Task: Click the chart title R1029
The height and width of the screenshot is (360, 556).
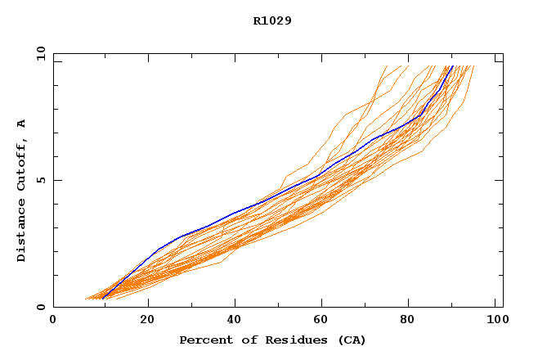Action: point(272,20)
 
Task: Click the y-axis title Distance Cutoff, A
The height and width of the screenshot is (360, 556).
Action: point(21,191)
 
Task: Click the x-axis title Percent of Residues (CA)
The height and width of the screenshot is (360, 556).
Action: point(272,340)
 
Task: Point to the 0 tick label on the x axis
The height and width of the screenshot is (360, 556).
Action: point(53,322)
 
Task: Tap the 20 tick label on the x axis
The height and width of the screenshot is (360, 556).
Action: point(148,322)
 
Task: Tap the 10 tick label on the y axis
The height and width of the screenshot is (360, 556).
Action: point(39,54)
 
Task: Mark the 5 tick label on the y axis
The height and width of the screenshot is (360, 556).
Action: point(39,180)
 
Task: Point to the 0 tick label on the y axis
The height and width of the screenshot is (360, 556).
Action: point(39,307)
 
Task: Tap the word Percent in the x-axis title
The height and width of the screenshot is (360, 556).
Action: point(204,340)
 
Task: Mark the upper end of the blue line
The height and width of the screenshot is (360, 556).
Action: point(452,66)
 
